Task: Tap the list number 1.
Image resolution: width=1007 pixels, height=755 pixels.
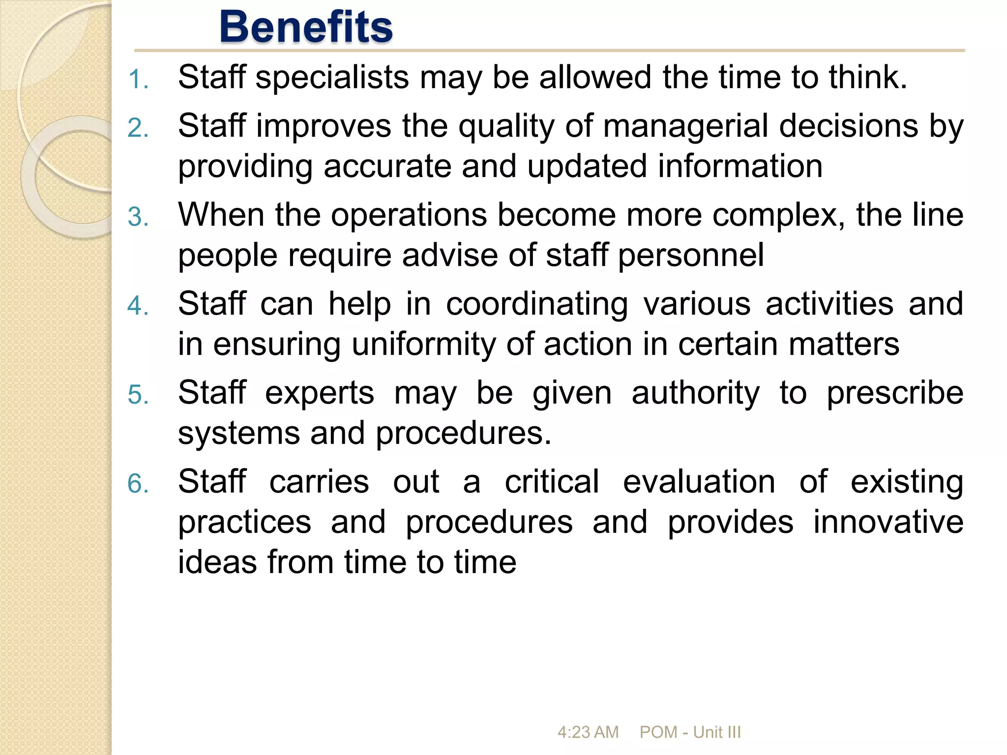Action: click(x=137, y=80)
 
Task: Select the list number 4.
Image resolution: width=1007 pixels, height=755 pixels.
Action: click(x=137, y=306)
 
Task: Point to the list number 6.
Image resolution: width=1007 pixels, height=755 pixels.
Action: click(x=137, y=484)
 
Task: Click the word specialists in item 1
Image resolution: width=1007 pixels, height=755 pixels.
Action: click(x=332, y=78)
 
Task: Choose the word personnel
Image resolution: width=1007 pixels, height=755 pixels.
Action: click(x=691, y=256)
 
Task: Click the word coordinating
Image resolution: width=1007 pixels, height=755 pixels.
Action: click(x=537, y=305)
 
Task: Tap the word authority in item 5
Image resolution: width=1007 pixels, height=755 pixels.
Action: click(x=696, y=394)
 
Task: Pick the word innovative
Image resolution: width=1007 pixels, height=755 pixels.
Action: click(x=888, y=522)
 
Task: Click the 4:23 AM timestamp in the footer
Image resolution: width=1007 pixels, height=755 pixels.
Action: click(x=588, y=732)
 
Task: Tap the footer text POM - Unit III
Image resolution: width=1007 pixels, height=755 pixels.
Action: click(x=690, y=732)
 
